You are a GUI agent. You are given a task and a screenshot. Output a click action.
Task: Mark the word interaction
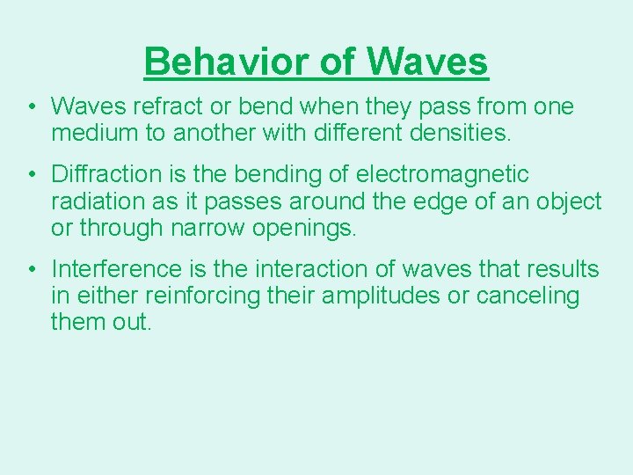pyautogui.click(x=298, y=269)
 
